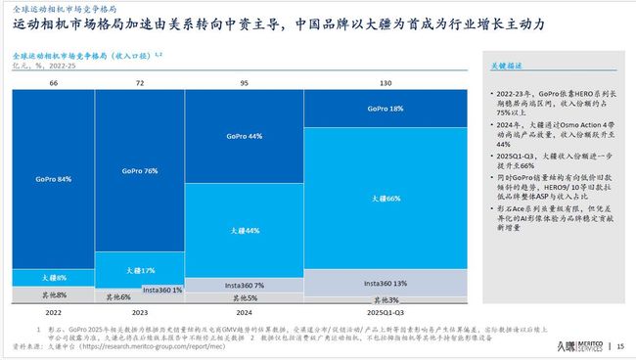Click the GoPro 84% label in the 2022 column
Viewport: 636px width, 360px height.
(53, 179)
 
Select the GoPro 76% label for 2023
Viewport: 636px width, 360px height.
(140, 171)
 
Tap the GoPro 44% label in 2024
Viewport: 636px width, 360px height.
(245, 136)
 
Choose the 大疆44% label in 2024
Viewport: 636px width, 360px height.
(245, 230)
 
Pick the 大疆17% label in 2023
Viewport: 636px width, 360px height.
(140, 269)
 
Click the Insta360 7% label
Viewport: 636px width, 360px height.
(245, 284)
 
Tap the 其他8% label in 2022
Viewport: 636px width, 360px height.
(53, 292)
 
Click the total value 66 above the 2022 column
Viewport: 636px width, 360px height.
(53, 84)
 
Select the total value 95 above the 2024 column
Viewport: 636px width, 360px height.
(245, 84)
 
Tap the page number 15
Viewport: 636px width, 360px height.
(620, 346)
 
